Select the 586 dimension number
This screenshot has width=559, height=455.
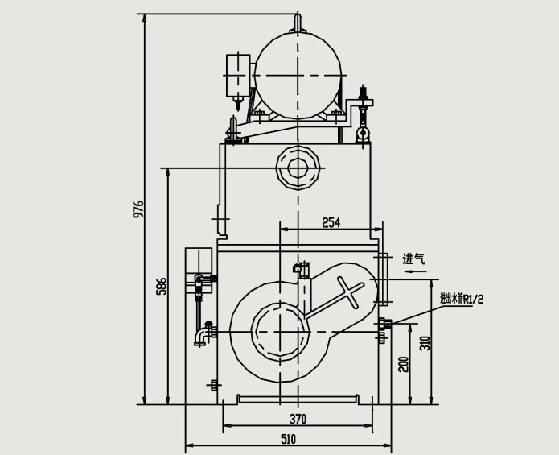pos(162,287)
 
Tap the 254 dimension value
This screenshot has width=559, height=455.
pos(331,222)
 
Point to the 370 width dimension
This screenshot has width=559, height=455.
pos(298,418)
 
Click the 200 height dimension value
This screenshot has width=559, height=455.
pos(404,365)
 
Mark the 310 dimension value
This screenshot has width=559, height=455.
pos(426,343)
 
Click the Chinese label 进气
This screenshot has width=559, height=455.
pos(413,259)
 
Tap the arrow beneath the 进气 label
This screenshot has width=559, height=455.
pos(415,272)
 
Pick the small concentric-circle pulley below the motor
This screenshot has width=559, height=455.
pos(298,168)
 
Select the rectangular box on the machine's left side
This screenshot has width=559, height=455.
pos(198,261)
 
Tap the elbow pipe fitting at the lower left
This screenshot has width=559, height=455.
pos(201,332)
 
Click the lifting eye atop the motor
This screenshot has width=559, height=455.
pos(298,22)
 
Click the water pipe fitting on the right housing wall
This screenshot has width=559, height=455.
pos(384,325)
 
